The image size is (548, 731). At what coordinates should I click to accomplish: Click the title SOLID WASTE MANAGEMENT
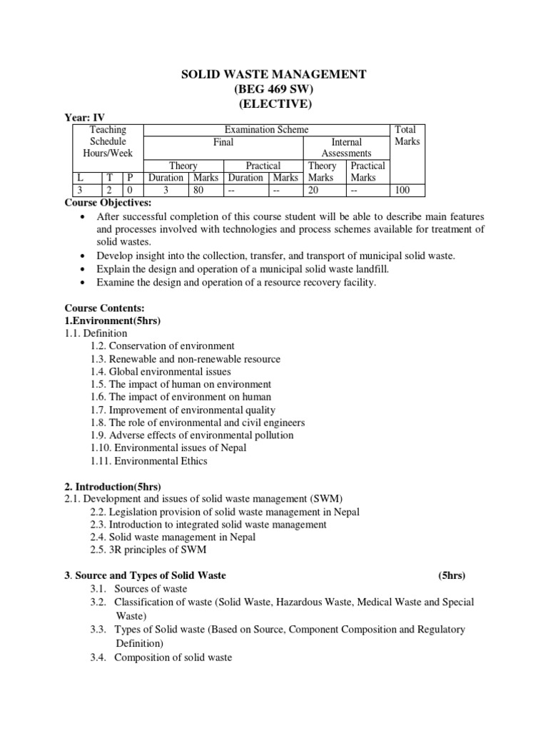(x=274, y=74)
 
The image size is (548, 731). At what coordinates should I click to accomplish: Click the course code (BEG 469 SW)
(x=274, y=89)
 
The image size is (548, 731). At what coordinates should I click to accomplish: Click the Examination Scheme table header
(x=267, y=129)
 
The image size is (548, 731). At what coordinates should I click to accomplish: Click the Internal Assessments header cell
(x=346, y=147)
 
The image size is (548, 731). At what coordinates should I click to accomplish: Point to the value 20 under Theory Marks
(x=314, y=190)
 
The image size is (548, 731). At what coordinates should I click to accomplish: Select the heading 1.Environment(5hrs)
(x=113, y=321)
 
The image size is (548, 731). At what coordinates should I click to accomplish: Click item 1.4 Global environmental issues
(x=161, y=371)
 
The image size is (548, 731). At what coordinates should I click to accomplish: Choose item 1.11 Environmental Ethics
(x=149, y=460)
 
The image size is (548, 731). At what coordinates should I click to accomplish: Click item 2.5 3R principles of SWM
(x=148, y=550)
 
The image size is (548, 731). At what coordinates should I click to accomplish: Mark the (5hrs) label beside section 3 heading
(x=452, y=575)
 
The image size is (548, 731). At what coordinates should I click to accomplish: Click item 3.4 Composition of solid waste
(x=161, y=657)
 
